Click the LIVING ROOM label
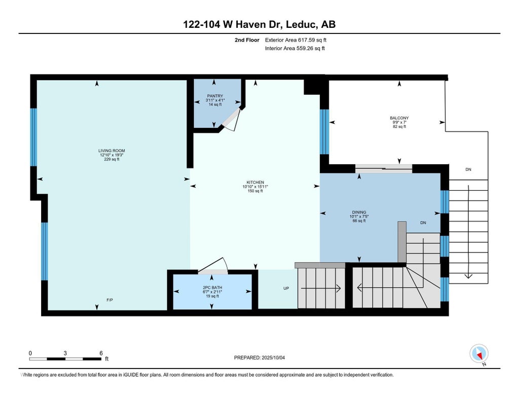pyautogui.click(x=112, y=151)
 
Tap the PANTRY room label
pyautogui.click(x=215, y=96)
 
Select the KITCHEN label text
pyautogui.click(x=255, y=183)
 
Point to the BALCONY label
pyautogui.click(x=399, y=118)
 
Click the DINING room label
pyautogui.click(x=359, y=212)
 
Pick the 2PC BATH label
pyautogui.click(x=212, y=287)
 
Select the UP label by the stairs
pyautogui.click(x=286, y=288)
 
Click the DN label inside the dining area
pyautogui.click(x=423, y=223)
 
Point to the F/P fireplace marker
pyautogui.click(x=109, y=300)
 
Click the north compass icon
pyautogui.click(x=479, y=354)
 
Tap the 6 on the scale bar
pyautogui.click(x=101, y=353)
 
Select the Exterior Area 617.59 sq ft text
pyautogui.click(x=295, y=40)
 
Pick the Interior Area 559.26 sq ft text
pyautogui.click(x=295, y=48)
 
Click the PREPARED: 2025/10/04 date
pyautogui.click(x=259, y=357)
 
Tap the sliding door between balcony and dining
pyautogui.click(x=384, y=168)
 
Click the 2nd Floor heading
pyautogui.click(x=247, y=40)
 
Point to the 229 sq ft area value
pyautogui.click(x=112, y=159)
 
